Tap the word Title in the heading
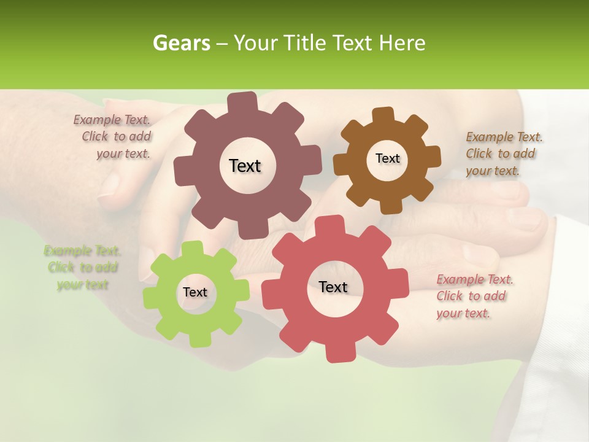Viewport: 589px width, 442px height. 305,43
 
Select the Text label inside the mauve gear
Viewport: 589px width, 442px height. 245,166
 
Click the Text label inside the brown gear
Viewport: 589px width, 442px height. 387,158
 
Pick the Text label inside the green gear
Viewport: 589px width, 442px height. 195,292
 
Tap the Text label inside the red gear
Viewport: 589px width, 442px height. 333,287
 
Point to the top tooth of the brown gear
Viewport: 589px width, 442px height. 383,115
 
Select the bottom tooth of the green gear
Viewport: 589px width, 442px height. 198,338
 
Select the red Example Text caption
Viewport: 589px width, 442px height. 474,297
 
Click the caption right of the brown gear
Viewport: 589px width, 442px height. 503,153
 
